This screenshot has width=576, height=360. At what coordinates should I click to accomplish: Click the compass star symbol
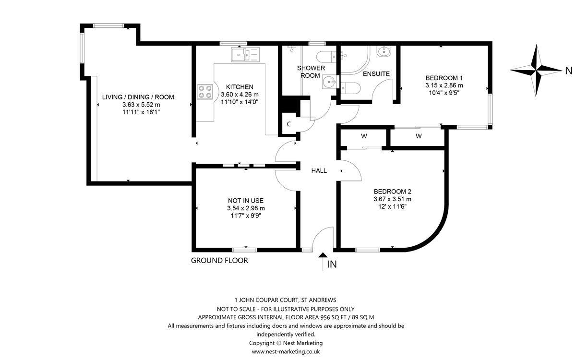(x=536, y=70)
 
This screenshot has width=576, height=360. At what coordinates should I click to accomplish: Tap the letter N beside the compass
(x=568, y=71)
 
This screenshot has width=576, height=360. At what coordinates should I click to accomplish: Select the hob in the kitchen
(x=205, y=92)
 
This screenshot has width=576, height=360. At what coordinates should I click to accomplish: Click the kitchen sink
(x=245, y=55)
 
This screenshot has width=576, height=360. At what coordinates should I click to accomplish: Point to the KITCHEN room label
(x=240, y=87)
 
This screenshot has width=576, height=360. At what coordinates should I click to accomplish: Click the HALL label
(x=319, y=170)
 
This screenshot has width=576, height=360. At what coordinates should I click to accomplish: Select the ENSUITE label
(x=376, y=74)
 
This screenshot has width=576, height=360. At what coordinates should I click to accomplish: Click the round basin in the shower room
(x=329, y=82)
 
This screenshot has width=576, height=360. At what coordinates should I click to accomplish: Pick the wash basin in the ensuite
(x=384, y=51)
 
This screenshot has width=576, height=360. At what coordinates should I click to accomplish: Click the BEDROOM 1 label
(x=444, y=78)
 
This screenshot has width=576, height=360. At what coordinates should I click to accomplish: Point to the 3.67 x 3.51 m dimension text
(x=393, y=199)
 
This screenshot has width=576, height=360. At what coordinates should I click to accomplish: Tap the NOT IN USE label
(x=246, y=201)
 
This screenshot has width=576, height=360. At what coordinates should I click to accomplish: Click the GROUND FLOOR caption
(x=219, y=261)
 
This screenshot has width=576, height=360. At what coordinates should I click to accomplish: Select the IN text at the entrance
(x=332, y=264)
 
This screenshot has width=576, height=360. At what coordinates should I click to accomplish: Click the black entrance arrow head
(x=323, y=255)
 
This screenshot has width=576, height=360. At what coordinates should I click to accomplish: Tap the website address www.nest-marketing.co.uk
(x=286, y=351)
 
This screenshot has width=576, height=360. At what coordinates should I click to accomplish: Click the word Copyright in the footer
(x=262, y=343)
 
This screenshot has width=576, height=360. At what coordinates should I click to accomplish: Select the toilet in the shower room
(x=326, y=57)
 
